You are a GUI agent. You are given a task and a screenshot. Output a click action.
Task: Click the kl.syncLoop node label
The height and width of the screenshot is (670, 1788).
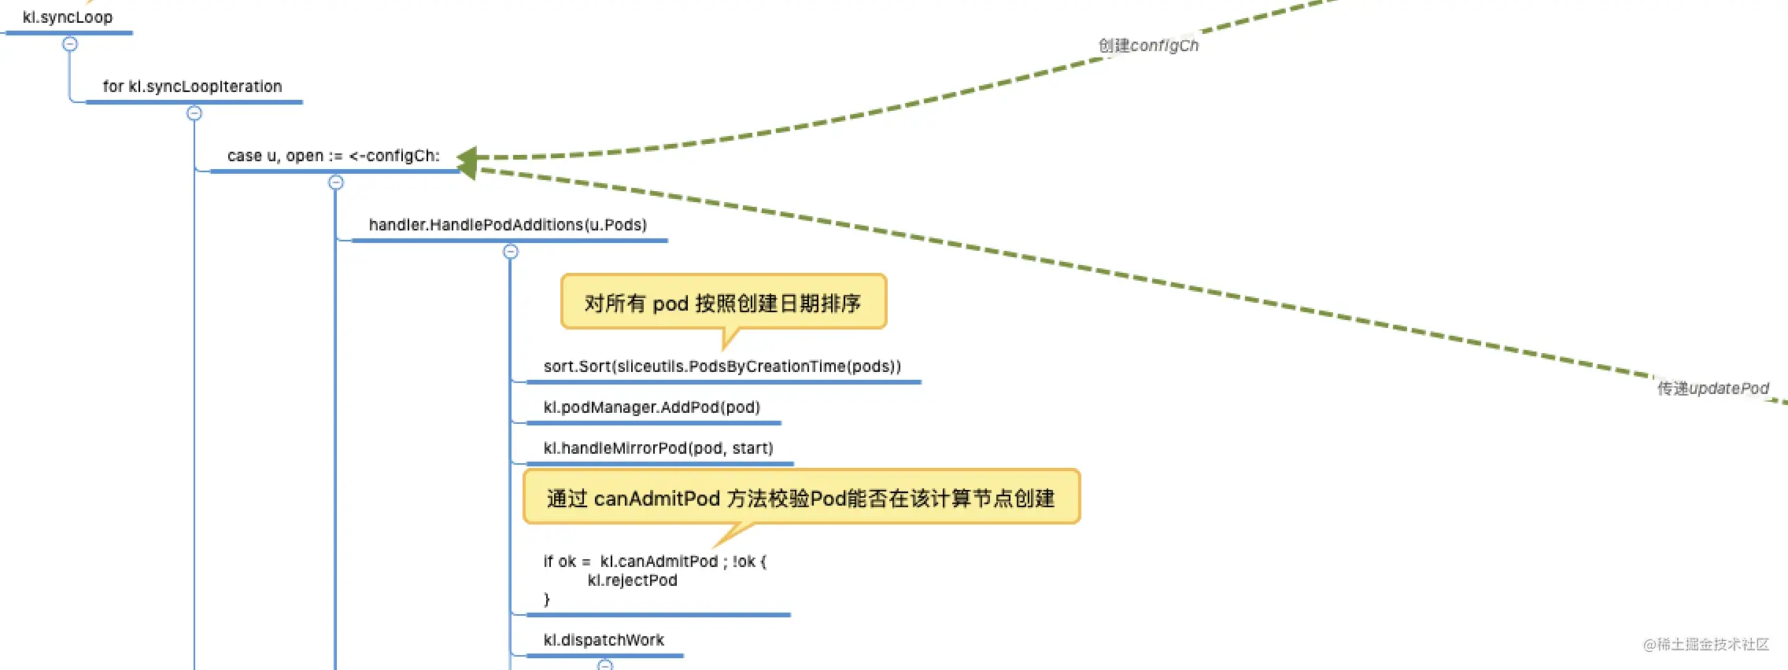[x=68, y=17]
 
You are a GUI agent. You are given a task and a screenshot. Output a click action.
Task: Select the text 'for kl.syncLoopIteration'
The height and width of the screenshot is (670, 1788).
[x=192, y=87]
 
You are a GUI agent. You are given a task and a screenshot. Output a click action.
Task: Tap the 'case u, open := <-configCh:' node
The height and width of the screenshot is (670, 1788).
[x=333, y=156]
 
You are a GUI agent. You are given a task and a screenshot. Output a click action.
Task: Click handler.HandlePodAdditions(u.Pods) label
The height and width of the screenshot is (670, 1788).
[x=508, y=225]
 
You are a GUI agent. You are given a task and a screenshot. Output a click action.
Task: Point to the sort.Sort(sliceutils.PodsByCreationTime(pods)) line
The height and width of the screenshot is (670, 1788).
[x=722, y=366]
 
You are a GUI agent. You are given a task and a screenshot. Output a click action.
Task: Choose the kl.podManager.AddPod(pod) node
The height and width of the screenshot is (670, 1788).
[x=652, y=407]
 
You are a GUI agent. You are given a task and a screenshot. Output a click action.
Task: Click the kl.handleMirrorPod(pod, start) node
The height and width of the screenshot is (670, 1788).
[x=658, y=448]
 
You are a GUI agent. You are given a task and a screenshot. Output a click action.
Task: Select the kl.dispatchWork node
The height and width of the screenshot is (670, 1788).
[x=604, y=640]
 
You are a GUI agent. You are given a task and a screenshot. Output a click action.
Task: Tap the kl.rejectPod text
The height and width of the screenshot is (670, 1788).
[x=632, y=580]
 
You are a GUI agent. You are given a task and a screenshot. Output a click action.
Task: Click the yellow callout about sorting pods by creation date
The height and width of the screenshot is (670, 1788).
[x=722, y=303]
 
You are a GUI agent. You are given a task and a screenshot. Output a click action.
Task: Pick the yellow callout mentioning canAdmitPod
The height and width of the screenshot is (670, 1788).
[x=800, y=498]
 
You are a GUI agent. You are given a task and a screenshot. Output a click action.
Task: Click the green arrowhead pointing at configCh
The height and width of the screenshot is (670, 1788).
[x=467, y=161]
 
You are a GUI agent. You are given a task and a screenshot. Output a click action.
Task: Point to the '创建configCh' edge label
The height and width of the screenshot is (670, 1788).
[x=1148, y=46]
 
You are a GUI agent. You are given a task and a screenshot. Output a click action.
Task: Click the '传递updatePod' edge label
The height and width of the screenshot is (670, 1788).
[x=1712, y=388]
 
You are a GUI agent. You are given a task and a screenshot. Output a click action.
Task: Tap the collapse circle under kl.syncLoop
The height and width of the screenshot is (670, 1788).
[x=70, y=44]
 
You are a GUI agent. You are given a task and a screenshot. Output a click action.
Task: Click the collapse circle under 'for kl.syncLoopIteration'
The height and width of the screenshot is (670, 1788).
[x=194, y=113]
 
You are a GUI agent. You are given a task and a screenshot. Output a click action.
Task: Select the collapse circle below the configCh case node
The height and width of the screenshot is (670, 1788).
[x=336, y=182]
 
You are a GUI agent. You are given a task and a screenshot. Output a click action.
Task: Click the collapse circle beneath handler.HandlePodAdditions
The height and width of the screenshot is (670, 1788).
[x=511, y=252]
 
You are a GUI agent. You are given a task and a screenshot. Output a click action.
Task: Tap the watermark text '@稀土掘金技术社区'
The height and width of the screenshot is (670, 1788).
[x=1705, y=645]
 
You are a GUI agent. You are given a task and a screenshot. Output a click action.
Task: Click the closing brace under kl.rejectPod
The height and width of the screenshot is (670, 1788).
[x=547, y=599]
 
